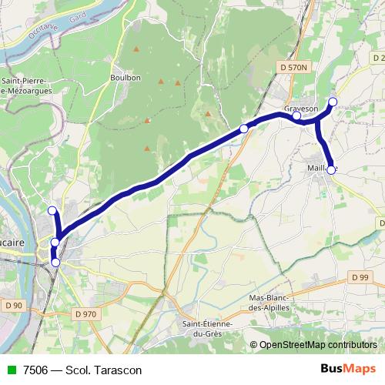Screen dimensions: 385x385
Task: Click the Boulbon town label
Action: pyautogui.click(x=126, y=77)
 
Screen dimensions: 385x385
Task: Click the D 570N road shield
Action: pyautogui.click(x=293, y=68)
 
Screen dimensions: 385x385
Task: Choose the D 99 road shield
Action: pyautogui.click(x=357, y=276)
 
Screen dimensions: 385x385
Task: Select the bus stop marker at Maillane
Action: pyautogui.click(x=332, y=170)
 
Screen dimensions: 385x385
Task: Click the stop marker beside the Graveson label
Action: pyautogui.click(x=297, y=116)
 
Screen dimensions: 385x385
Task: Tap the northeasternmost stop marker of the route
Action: pyautogui.click(x=333, y=102)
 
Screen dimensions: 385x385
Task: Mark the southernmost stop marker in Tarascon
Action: pyautogui.click(x=55, y=262)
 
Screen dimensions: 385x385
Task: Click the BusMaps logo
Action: pyautogui.click(x=348, y=369)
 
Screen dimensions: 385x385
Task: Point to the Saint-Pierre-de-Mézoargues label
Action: pyautogui.click(x=26, y=85)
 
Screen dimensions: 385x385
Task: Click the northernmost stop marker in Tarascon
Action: pyautogui.click(x=52, y=210)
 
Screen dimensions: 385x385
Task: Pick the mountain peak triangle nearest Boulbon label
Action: pyautogui.click(x=136, y=51)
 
